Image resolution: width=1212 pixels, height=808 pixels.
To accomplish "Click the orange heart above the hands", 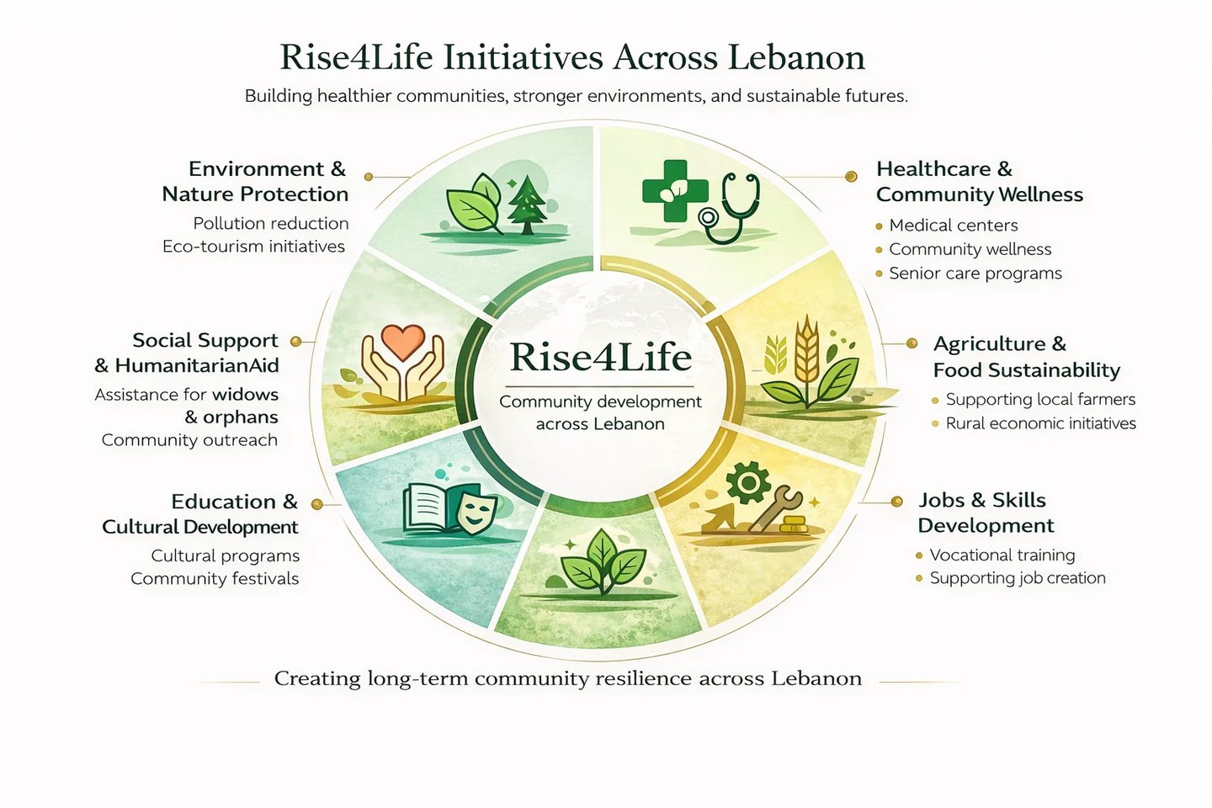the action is tap(402, 342).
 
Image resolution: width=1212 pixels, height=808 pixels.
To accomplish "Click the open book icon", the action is tap(430, 508).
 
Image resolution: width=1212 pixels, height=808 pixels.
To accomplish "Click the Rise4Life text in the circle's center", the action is tap(600, 357).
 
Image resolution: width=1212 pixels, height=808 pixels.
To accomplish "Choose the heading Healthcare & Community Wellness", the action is tap(979, 182).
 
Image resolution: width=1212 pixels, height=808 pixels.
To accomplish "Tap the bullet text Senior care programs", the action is tap(975, 274).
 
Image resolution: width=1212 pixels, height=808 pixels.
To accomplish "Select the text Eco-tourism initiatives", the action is tap(253, 247).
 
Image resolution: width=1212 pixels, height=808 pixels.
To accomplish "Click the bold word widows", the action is tap(245, 395).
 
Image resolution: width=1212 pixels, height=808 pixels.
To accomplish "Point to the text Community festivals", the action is tap(215, 579).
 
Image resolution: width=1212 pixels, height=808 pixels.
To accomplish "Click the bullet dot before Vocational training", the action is tap(919, 555).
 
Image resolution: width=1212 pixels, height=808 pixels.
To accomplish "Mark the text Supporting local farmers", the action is tap(1040, 400).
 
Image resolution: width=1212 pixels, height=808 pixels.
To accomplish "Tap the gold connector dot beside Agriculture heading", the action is tap(912, 343).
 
